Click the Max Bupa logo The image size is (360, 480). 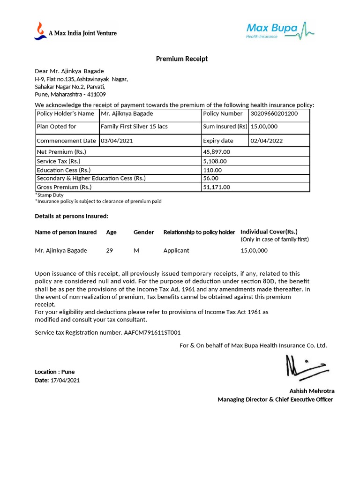click(x=280, y=30)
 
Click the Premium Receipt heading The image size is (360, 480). click(x=181, y=59)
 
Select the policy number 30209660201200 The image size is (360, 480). click(x=274, y=113)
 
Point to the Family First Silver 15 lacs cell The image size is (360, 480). click(x=134, y=127)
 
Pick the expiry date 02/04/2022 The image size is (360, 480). click(x=266, y=141)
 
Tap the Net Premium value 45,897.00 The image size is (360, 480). click(x=217, y=152)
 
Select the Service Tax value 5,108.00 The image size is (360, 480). click(x=215, y=161)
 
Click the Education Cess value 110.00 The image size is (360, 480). click(x=212, y=170)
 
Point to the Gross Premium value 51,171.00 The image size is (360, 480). click(x=217, y=187)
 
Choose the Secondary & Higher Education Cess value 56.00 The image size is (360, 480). click(x=210, y=178)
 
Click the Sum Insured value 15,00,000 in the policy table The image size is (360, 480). click(x=264, y=127)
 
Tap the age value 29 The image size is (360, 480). click(x=110, y=250)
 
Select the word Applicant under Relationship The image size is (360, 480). click(x=176, y=250)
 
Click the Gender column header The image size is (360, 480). click(x=143, y=232)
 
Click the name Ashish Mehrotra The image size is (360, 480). click(x=312, y=391)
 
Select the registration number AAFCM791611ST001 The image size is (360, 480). click(x=152, y=332)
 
